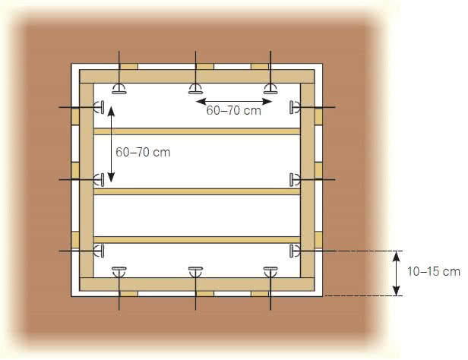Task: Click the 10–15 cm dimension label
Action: pyautogui.click(x=434, y=272)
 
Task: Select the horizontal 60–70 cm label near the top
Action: pyautogui.click(x=234, y=111)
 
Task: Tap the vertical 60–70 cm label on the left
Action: pyautogui.click(x=143, y=153)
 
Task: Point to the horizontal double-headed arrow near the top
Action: pyautogui.click(x=234, y=102)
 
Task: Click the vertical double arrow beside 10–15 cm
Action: pyautogui.click(x=396, y=273)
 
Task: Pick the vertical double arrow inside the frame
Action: pyautogui.click(x=111, y=144)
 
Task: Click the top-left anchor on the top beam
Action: pyautogui.click(x=119, y=89)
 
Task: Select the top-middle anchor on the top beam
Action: pyautogui.click(x=196, y=89)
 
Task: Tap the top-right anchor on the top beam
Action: pyautogui.click(x=271, y=89)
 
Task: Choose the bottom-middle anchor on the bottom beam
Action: pyautogui.click(x=196, y=272)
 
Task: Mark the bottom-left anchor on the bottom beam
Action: pyautogui.click(x=119, y=272)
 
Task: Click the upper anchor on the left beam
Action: pyautogui.click(x=99, y=107)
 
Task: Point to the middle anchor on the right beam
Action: pyautogui.click(x=295, y=179)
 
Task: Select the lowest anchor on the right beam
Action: pyautogui.click(x=295, y=251)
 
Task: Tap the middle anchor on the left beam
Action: pyautogui.click(x=99, y=179)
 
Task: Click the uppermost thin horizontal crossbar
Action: pyautogui.click(x=197, y=131)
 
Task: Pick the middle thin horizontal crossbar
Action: pyautogui.click(x=197, y=191)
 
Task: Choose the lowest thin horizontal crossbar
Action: pyautogui.click(x=197, y=240)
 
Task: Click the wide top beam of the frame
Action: pyautogui.click(x=197, y=77)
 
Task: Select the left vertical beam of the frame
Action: pyautogui.click(x=87, y=181)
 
